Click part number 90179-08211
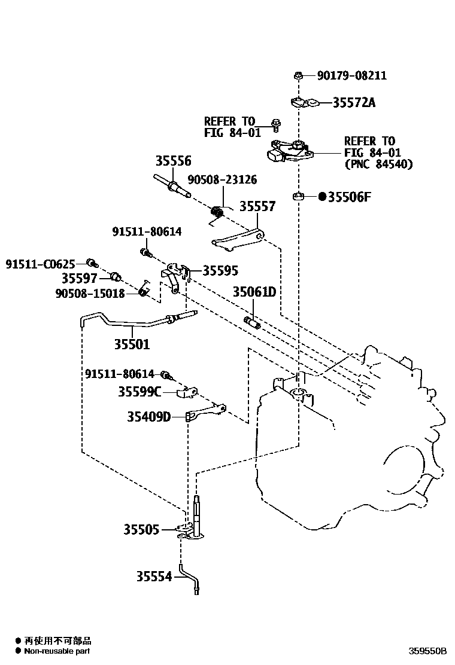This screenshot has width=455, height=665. point(351,76)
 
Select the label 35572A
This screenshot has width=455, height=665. point(354,103)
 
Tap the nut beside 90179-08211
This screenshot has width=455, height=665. point(298,75)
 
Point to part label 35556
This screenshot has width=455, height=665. point(174,161)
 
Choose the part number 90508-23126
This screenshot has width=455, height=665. point(222,179)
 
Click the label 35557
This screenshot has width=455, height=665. point(257,207)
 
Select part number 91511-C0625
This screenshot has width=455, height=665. point(41,264)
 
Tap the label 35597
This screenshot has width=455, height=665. point(79,278)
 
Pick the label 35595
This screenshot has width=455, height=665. point(220,270)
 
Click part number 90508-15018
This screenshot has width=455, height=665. point(90,293)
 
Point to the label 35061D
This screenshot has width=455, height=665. point(254,292)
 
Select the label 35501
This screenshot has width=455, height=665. point(132,344)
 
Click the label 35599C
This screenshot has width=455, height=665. point(139,392)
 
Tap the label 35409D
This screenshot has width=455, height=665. point(148,416)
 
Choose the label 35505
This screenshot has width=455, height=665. point(141,529)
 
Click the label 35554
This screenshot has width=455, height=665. point(153,576)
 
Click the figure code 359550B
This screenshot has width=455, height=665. point(427,651)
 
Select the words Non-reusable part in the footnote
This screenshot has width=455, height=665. point(57,651)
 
